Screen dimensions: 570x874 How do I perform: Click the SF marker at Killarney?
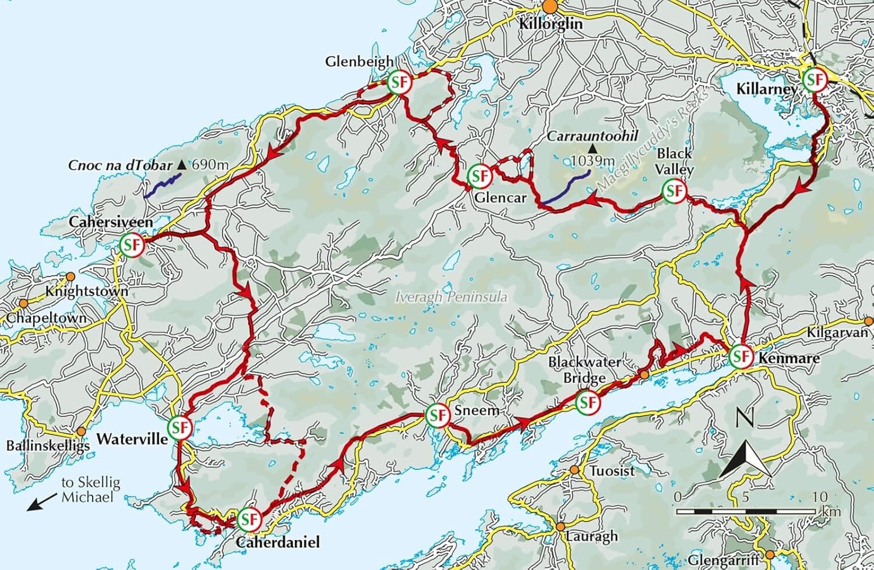813,80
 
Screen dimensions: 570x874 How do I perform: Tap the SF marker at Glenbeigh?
400,82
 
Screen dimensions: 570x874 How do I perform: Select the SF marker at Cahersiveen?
131,245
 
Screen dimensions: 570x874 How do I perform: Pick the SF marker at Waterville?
181,427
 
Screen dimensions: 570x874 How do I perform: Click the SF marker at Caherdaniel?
249,518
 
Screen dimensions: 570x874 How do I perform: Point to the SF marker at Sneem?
437,415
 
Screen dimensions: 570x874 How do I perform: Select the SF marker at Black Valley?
674,191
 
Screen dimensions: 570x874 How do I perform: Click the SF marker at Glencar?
478,175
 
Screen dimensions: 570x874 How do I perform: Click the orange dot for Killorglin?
550,6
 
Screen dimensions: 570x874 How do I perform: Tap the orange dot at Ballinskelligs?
80,433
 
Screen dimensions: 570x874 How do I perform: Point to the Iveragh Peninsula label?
451,297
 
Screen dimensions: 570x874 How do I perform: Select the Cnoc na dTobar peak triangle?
182,165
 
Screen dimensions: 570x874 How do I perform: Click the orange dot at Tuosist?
575,470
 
